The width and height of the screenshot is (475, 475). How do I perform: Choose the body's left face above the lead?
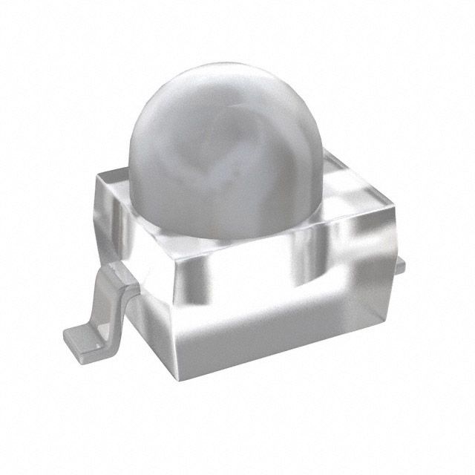coord(134,223)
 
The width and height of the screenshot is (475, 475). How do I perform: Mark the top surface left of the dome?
coord(119,182)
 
